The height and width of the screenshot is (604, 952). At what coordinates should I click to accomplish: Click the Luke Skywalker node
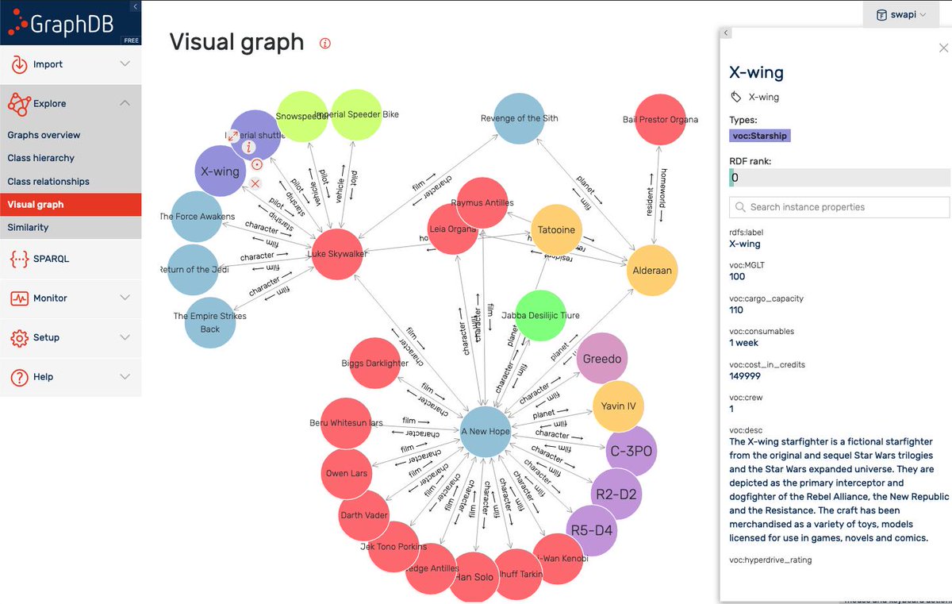(341, 254)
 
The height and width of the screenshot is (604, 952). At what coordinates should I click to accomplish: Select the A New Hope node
(486, 432)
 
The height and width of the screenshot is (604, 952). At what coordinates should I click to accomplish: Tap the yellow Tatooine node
(556, 230)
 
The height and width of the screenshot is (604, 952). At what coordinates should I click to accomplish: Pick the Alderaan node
(652, 271)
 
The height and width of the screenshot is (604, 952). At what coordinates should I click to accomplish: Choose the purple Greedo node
(602, 359)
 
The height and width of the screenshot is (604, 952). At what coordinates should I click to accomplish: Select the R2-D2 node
(616, 494)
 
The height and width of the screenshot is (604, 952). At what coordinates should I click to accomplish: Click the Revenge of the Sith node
(519, 119)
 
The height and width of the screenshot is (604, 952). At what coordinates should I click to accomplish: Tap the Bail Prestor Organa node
(660, 120)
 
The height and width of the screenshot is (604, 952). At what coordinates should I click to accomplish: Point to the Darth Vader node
(363, 515)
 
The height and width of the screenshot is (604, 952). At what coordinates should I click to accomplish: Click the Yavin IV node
(619, 406)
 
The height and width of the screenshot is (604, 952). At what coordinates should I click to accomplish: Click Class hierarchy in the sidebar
(41, 158)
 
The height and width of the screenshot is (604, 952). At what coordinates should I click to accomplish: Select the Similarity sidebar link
(29, 227)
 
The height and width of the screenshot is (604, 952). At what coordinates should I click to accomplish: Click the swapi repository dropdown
(900, 15)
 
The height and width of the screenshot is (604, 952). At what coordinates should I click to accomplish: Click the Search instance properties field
(839, 207)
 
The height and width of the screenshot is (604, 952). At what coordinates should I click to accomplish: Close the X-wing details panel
(942, 48)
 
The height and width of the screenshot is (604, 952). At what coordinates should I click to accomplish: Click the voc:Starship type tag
(759, 136)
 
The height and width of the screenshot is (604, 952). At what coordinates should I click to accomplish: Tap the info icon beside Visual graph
(324, 43)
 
